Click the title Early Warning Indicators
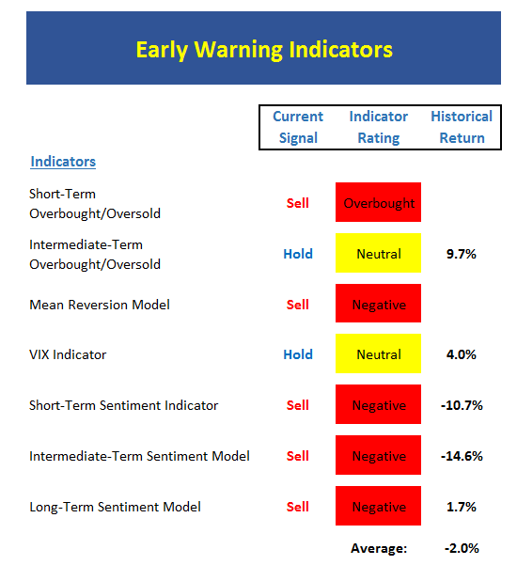(264, 50)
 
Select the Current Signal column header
(298, 127)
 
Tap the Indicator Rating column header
(378, 127)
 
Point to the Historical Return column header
(462, 127)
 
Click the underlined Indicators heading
(63, 162)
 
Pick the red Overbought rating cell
(378, 202)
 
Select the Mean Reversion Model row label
(100, 305)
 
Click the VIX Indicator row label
(68, 354)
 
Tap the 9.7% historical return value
(462, 254)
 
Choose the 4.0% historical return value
(462, 354)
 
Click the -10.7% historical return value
(462, 405)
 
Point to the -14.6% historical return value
(462, 456)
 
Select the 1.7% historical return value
(462, 507)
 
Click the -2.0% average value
(462, 548)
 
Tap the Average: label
(379, 548)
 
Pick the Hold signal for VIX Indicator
(298, 354)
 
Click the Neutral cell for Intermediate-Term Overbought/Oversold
(378, 253)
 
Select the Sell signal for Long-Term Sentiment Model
(298, 507)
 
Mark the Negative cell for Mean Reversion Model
(378, 303)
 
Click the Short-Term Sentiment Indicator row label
(123, 405)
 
